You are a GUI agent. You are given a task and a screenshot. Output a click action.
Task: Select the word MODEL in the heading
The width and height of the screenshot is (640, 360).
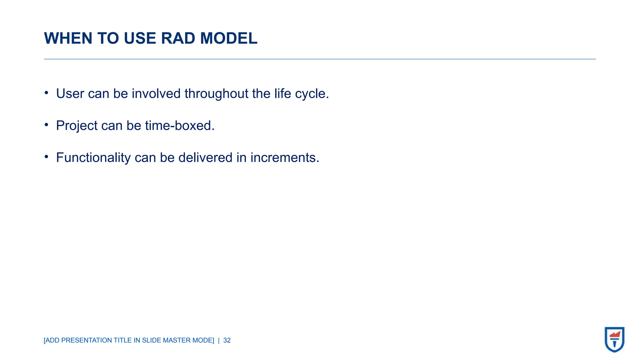click(228, 38)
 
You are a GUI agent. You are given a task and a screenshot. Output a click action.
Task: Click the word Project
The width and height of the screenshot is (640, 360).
click(77, 126)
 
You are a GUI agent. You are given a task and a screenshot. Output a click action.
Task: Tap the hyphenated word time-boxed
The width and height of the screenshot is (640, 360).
click(180, 126)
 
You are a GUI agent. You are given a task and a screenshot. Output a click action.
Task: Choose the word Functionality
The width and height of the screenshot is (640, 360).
click(93, 158)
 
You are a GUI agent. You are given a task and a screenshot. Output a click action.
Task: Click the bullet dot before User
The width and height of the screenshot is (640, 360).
click(46, 93)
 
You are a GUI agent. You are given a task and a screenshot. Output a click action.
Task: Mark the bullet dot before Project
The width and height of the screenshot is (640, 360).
click(46, 125)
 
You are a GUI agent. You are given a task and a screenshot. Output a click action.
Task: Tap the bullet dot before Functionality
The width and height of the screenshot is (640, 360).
click(46, 157)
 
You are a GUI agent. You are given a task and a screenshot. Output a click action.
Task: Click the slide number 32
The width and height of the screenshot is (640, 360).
click(227, 340)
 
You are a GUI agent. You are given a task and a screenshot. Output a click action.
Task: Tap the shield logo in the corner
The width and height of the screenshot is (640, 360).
click(614, 339)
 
